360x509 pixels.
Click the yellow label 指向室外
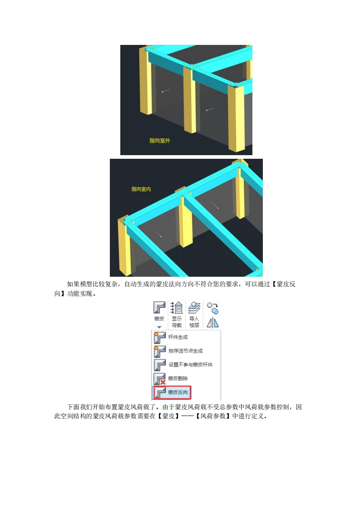[x=159, y=141]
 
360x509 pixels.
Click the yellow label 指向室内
[x=141, y=189]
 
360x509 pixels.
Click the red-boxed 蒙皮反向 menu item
[x=172, y=392]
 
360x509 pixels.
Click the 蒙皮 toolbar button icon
[x=159, y=308]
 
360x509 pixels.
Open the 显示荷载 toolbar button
[x=177, y=314]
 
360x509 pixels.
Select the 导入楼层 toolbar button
[x=194, y=314]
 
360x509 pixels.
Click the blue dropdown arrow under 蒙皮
[x=159, y=327]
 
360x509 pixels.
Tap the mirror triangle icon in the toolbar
[x=213, y=323]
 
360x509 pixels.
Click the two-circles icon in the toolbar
[x=213, y=308]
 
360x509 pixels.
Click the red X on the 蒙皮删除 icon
[x=163, y=382]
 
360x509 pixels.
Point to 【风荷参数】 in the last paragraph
[x=213, y=416]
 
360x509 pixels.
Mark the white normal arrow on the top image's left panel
[x=166, y=91]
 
